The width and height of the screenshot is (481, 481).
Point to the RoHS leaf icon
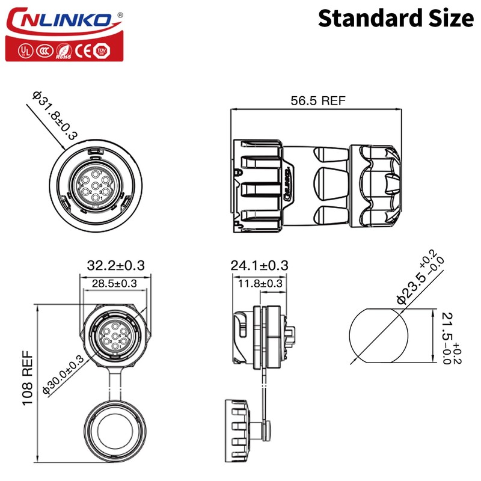(x=63, y=51)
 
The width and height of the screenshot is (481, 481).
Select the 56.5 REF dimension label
(x=318, y=101)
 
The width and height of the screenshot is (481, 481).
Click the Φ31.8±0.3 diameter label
(x=54, y=115)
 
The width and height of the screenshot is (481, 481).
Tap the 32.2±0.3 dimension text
(x=116, y=265)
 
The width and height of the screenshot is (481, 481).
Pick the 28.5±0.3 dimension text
(x=114, y=283)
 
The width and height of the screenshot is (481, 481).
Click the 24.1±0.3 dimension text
(x=259, y=265)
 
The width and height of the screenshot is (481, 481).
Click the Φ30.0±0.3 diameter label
(x=64, y=375)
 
